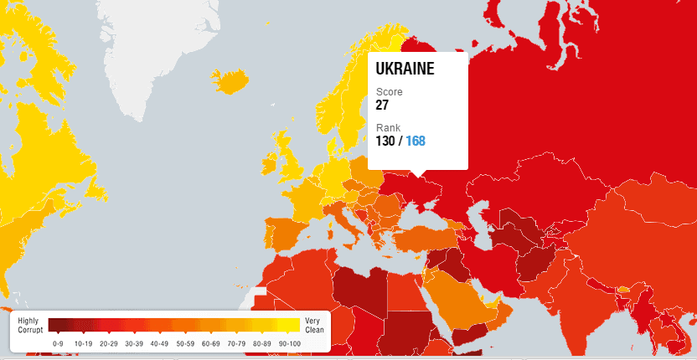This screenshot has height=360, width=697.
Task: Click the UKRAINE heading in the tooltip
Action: (x=405, y=69)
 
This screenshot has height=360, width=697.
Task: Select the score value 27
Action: (x=382, y=105)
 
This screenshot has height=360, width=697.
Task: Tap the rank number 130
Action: (x=385, y=141)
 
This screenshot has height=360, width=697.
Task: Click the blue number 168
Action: (x=416, y=141)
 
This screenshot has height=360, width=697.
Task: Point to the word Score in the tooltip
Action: (x=389, y=91)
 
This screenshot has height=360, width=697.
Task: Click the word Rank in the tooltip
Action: (x=388, y=127)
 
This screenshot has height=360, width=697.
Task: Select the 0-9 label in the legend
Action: (x=58, y=343)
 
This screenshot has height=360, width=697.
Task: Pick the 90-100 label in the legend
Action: (x=288, y=343)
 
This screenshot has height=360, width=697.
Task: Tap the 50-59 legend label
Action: (x=185, y=343)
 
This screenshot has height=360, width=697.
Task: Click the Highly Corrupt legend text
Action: (x=29, y=326)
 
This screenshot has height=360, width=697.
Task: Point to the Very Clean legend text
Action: (x=312, y=326)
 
